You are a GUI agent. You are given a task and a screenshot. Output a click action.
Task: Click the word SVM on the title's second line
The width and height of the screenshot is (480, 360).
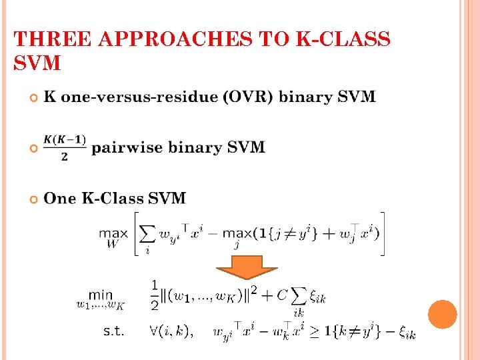pyautogui.click(x=37, y=63)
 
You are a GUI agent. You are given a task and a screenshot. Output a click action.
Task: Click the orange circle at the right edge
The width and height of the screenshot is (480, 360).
pyautogui.click(x=442, y=314)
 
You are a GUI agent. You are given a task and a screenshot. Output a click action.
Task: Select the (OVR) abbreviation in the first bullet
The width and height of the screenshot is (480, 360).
pyautogui.click(x=249, y=97)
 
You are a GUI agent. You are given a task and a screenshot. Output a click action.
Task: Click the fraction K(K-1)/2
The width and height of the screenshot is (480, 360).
pyautogui.click(x=65, y=147)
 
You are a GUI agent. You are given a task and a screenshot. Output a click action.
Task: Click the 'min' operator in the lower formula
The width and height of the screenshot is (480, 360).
pyautogui.click(x=101, y=294)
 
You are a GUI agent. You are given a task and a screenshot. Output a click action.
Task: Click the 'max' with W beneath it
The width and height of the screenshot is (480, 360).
pyautogui.click(x=113, y=235)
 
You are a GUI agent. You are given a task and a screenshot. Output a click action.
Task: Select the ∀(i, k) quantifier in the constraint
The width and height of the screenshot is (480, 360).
pyautogui.click(x=171, y=331)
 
